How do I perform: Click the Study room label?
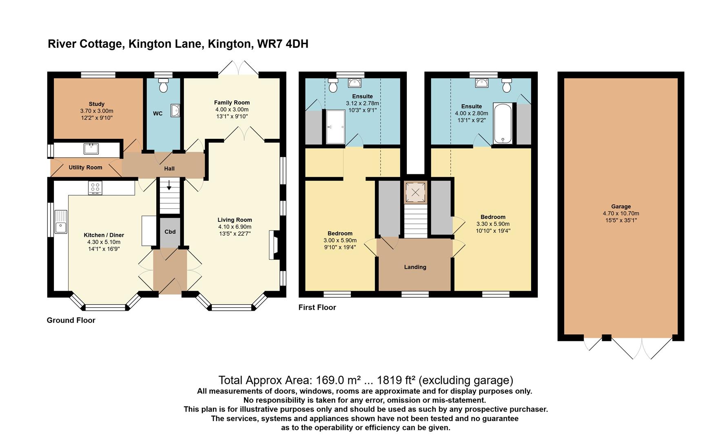coord(97,104)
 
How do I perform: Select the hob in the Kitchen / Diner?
coord(95,188)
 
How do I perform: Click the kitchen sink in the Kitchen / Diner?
coord(61,222)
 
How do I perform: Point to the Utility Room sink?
coord(91,149)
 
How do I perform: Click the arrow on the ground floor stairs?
coord(169,185)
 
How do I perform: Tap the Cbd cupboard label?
coord(170,232)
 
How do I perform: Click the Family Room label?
coord(232,102)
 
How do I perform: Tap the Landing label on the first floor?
coord(415,267)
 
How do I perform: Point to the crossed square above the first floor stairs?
coord(415,192)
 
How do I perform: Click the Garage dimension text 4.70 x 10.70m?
coord(621,214)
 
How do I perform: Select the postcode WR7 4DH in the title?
coord(283,44)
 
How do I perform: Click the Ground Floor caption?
coord(71,320)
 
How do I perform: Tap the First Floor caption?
coord(317,307)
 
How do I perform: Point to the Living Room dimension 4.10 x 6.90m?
coord(235,227)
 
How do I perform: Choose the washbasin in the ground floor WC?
coord(176,110)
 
